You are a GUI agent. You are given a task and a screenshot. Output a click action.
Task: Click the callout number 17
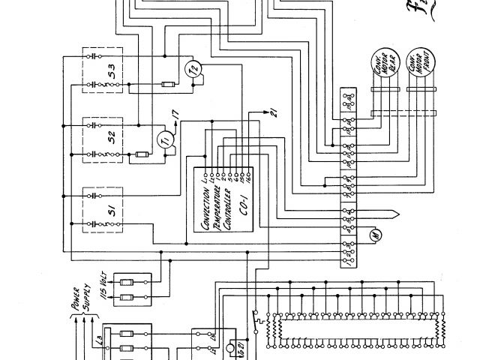[175, 115]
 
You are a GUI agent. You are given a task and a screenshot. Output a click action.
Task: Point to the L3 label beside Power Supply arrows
[99, 342]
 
